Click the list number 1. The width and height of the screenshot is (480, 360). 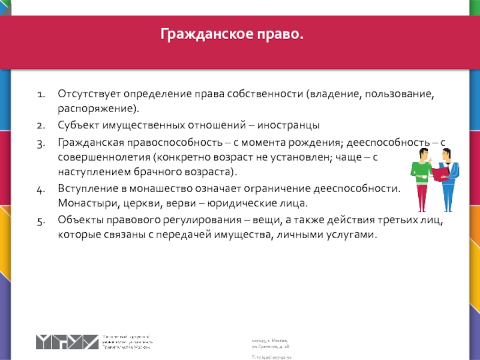40,95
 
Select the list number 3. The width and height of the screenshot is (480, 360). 40,142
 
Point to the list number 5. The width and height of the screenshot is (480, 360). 40,220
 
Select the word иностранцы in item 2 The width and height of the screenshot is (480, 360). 291,126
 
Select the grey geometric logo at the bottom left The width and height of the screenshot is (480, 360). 66,341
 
